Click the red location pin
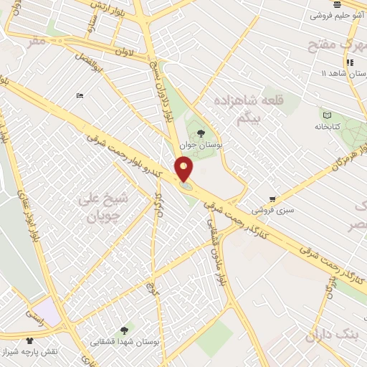point(184,169)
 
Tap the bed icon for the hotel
point(80,96)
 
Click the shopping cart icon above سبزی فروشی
point(272,199)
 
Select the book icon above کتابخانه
point(327,115)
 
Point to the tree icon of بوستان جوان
point(200,133)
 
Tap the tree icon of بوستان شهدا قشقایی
point(125,330)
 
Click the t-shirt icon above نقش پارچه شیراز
point(29,340)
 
